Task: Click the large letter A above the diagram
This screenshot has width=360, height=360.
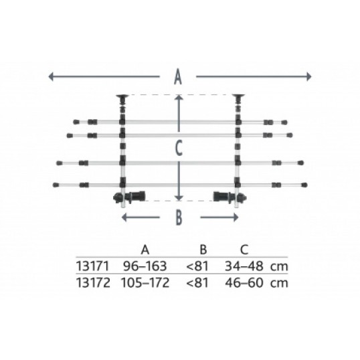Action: click(x=178, y=77)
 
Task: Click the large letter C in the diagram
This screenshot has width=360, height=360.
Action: click(x=179, y=149)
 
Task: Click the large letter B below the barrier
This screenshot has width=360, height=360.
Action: click(x=179, y=217)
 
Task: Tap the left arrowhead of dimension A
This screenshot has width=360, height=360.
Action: click(x=51, y=76)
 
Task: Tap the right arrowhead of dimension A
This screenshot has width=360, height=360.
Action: click(x=308, y=76)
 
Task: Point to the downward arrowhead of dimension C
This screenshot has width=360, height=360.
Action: click(x=179, y=197)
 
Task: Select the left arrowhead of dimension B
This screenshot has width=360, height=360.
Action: click(x=124, y=217)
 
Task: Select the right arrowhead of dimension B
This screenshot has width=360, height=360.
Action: click(x=236, y=217)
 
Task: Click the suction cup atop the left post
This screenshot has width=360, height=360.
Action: click(x=122, y=97)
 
